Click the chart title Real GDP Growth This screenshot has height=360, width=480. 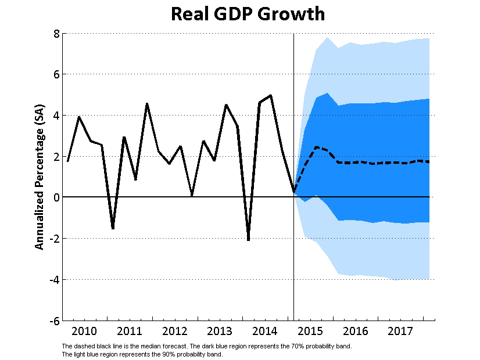pyautogui.click(x=248, y=14)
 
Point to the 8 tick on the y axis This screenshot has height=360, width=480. pyautogui.click(x=56, y=34)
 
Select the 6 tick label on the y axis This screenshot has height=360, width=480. pyautogui.click(x=56, y=74)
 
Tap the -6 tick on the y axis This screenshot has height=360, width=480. pyautogui.click(x=54, y=321)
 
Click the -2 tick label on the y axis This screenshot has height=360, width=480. pyautogui.click(x=54, y=239)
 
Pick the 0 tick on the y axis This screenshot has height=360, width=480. pyautogui.click(x=56, y=197)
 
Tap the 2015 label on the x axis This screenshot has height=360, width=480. pyautogui.click(x=310, y=332)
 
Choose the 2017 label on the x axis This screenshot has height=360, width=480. pyautogui.click(x=401, y=332)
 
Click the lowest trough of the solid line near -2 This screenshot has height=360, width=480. pyautogui.click(x=248, y=240)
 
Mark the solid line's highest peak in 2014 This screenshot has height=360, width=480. pyautogui.click(x=271, y=95)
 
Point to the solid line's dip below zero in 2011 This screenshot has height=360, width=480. pyautogui.click(x=113, y=228)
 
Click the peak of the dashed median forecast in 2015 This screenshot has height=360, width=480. pyautogui.click(x=316, y=147)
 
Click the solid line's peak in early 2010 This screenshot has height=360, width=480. pyautogui.click(x=79, y=117)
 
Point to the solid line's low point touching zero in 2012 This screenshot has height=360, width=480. pyautogui.click(x=192, y=196)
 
